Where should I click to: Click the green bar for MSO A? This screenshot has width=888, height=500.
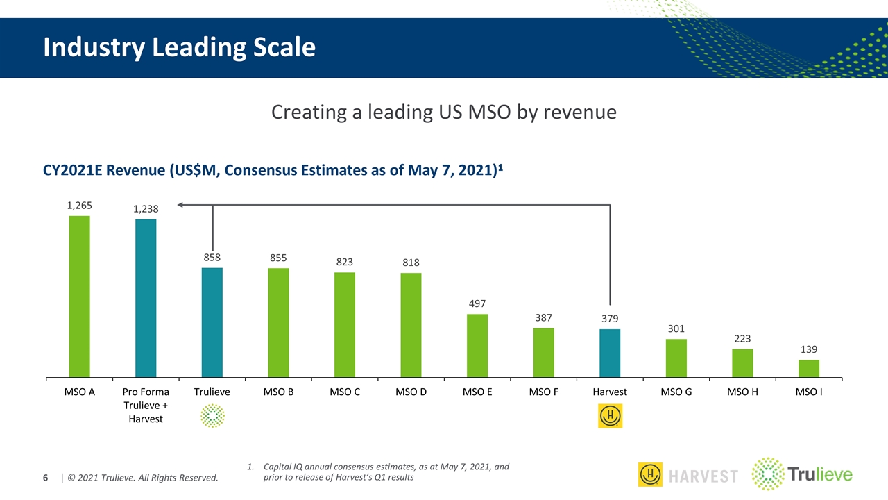click(79, 297)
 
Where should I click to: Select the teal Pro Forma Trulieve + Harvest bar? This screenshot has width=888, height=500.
click(146, 299)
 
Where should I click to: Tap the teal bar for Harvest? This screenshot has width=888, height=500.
click(610, 353)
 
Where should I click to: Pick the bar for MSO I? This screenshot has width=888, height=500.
click(809, 369)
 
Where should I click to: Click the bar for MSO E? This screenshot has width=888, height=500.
click(477, 346)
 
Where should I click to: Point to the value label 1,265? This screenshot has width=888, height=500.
click(79, 206)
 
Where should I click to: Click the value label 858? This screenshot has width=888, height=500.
click(212, 258)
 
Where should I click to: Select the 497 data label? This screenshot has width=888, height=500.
click(477, 304)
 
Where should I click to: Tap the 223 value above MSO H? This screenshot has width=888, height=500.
click(742, 339)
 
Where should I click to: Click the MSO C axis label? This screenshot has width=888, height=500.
click(345, 392)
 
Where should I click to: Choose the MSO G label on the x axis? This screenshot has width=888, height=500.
click(676, 392)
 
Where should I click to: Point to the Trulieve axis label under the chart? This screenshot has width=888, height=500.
click(212, 392)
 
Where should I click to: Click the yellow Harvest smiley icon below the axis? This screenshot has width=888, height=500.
click(610, 416)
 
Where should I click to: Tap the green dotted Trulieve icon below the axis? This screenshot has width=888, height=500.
click(212, 416)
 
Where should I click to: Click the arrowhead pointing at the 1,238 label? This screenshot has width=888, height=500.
click(180, 204)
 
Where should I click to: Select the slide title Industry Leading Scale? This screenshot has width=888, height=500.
click(179, 47)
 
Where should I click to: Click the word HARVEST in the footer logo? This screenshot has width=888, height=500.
click(704, 476)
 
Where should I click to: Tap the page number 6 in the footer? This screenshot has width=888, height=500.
click(46, 478)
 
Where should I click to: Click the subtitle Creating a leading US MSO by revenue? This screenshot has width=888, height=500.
click(443, 112)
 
